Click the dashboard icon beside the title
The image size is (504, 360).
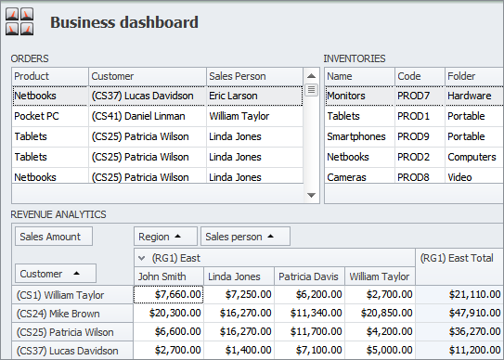[x=19, y=22]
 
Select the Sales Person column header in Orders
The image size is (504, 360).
[x=253, y=76]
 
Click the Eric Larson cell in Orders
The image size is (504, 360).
[x=253, y=96]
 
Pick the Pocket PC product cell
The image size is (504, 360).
[x=50, y=116]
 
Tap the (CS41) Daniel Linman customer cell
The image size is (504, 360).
[x=147, y=116]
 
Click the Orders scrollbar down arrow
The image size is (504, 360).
[x=312, y=195]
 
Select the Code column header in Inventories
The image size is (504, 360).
[x=419, y=76]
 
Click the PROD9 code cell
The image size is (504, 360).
[x=419, y=136]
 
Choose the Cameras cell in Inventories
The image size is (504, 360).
[x=358, y=177]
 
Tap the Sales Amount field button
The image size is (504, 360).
[x=54, y=237]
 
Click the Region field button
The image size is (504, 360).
[x=165, y=237]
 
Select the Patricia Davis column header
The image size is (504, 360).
[x=309, y=276]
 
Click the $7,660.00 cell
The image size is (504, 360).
[x=169, y=295]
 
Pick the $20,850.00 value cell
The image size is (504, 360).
[x=380, y=314]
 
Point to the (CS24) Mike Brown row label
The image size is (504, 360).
[x=67, y=314]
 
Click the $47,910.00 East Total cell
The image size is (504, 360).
[x=459, y=314]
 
